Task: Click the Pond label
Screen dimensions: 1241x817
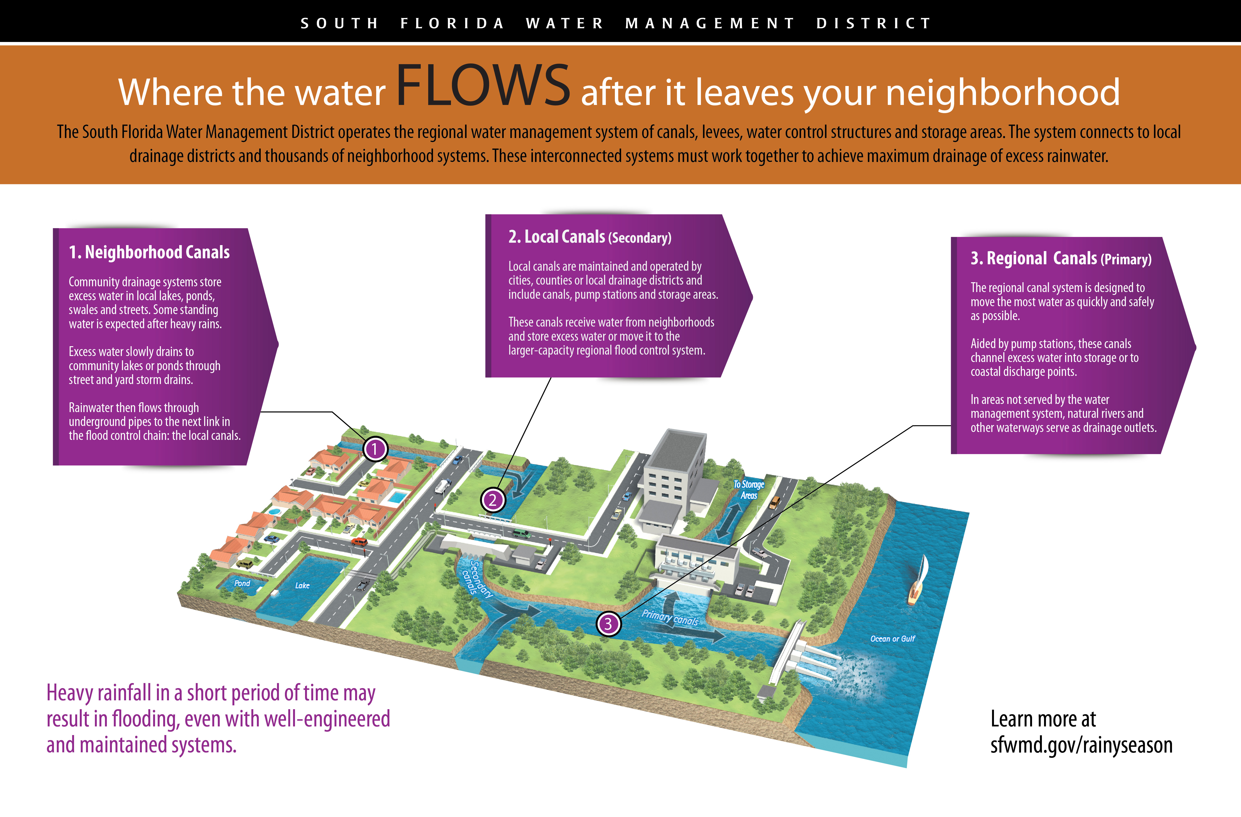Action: (x=242, y=583)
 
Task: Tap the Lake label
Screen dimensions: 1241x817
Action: (x=302, y=586)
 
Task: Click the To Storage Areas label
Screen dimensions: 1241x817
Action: (x=749, y=489)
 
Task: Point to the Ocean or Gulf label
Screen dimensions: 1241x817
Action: (x=893, y=639)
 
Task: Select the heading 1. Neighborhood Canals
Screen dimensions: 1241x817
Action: (x=149, y=252)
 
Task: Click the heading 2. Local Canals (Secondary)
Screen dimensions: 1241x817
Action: (x=590, y=237)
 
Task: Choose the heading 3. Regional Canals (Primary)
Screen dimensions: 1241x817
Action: (x=1061, y=259)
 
